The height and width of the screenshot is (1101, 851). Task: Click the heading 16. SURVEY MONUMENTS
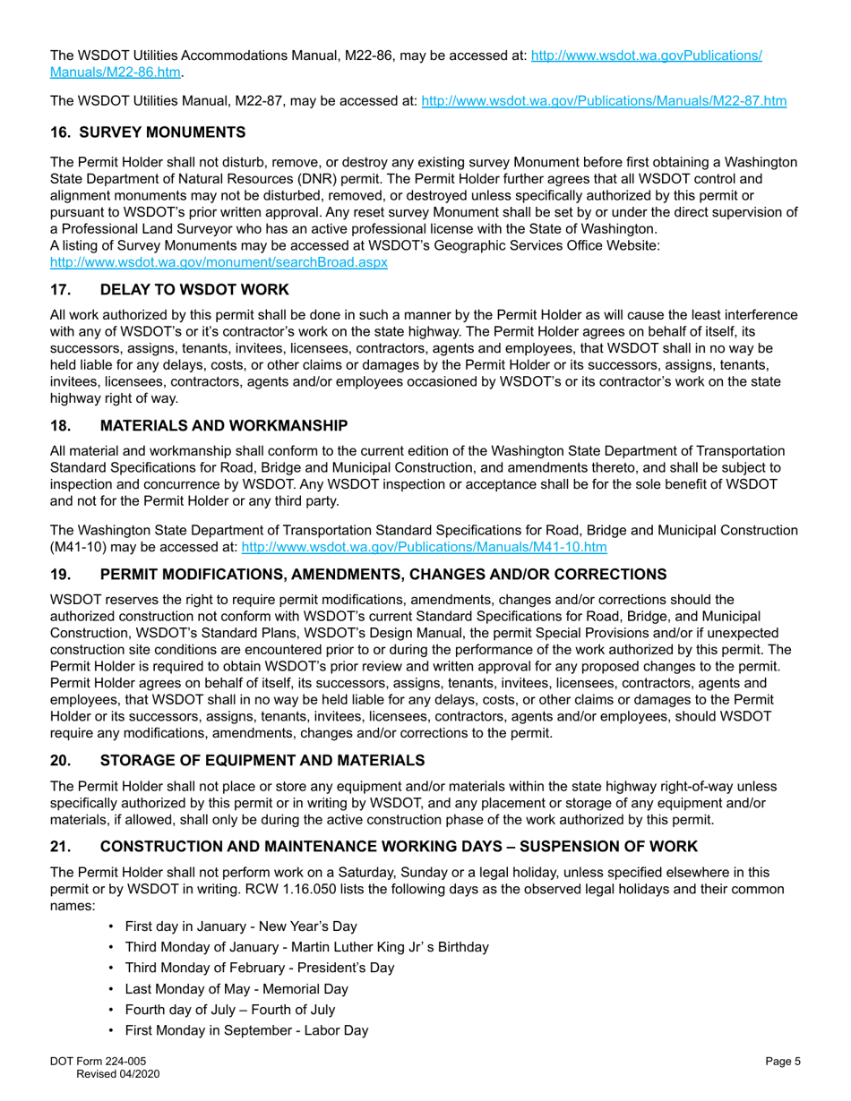[x=148, y=132]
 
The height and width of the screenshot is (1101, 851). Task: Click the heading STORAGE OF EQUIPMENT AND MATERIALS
[x=262, y=760]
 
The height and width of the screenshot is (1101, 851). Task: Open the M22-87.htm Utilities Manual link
[x=604, y=102]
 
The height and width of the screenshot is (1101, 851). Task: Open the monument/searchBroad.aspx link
[x=219, y=263]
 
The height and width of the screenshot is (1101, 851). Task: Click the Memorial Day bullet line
[x=236, y=989]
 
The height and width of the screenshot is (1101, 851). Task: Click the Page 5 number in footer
[x=783, y=1061]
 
